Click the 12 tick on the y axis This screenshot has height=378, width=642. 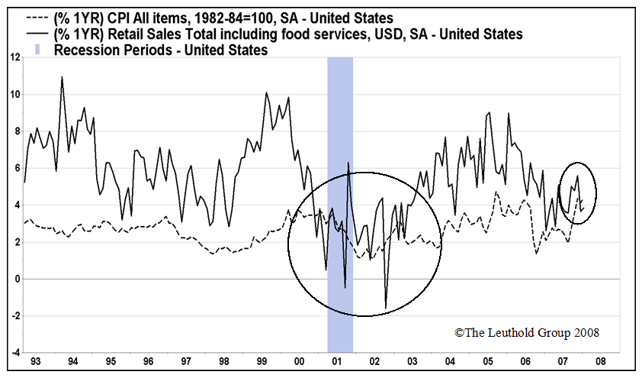(x=14, y=58)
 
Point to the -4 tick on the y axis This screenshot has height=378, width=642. (x=14, y=353)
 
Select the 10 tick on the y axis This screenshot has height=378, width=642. (x=14, y=95)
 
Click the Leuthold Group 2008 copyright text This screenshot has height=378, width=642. (x=526, y=333)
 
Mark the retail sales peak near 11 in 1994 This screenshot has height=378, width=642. (x=62, y=77)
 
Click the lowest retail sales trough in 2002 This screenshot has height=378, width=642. (x=386, y=308)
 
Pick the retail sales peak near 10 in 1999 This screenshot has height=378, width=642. (x=266, y=93)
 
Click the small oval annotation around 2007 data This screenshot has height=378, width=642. (x=578, y=193)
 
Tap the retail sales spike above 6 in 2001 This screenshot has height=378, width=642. (x=348, y=163)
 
